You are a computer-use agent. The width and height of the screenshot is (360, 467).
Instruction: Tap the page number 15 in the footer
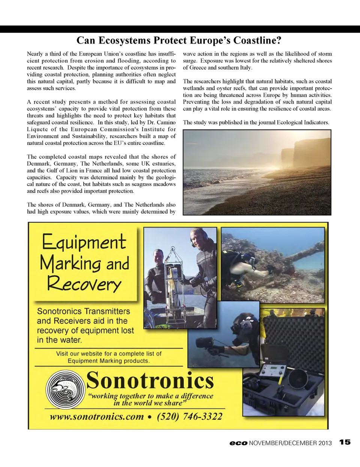pos(345,442)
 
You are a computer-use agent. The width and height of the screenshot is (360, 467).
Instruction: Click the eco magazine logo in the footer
pos(238,443)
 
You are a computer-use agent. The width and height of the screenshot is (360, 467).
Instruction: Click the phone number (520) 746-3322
pos(189,416)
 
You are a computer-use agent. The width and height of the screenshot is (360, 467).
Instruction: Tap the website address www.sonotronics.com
pos(97,416)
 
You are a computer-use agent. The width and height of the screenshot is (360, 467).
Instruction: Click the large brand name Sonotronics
pos(150,380)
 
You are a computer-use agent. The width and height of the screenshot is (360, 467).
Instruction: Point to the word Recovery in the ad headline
pos(84,284)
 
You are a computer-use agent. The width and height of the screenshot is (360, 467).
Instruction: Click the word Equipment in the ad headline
pos(84,242)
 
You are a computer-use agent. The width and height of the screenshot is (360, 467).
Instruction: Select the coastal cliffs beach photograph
pos(257,172)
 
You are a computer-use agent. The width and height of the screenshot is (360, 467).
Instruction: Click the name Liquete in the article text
pos(37,129)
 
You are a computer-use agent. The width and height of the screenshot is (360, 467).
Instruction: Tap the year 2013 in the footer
pos(325,443)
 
